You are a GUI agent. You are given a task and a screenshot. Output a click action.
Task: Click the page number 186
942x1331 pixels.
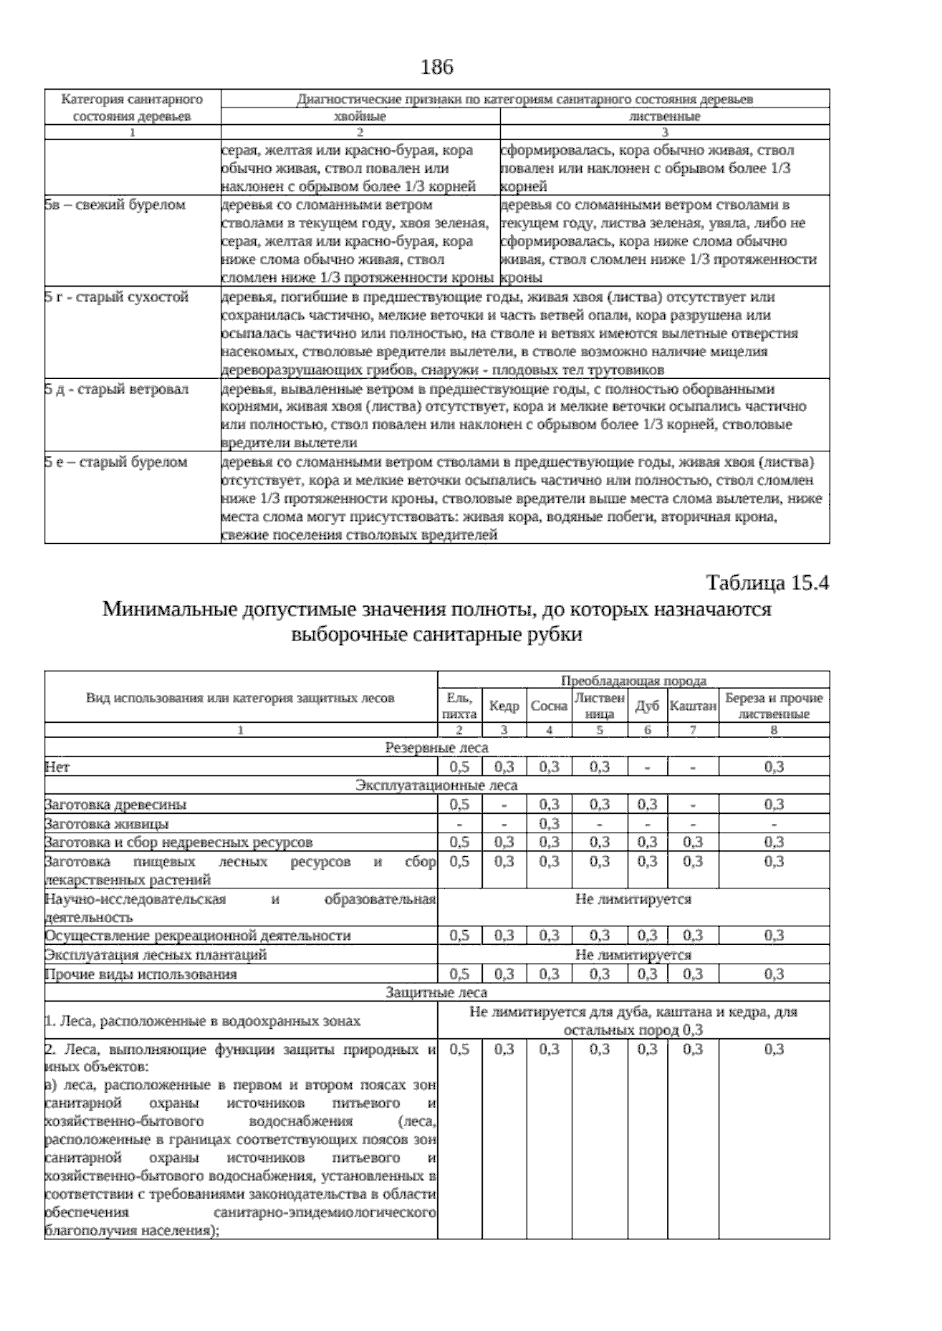pyautogui.click(x=437, y=67)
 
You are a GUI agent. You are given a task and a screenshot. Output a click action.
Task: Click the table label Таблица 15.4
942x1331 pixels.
pyautogui.click(x=768, y=584)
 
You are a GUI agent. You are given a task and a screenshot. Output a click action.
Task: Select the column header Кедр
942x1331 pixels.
pyautogui.click(x=504, y=706)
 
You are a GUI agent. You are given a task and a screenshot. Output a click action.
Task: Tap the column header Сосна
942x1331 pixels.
pyautogui.click(x=549, y=706)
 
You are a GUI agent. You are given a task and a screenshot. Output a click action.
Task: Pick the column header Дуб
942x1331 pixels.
pyautogui.click(x=647, y=706)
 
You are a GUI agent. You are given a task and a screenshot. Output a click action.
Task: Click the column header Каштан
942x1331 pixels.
pyautogui.click(x=692, y=706)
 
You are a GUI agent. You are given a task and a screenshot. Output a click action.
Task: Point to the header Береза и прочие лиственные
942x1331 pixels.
pyautogui.click(x=773, y=706)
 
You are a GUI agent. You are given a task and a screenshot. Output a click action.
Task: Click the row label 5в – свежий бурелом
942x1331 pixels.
pyautogui.click(x=115, y=205)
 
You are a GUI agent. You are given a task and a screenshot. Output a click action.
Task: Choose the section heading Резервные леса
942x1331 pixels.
pyautogui.click(x=436, y=748)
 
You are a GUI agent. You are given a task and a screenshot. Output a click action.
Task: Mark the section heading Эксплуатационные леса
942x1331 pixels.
pyautogui.click(x=436, y=786)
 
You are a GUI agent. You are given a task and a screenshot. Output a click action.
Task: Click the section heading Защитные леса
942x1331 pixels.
pyautogui.click(x=436, y=993)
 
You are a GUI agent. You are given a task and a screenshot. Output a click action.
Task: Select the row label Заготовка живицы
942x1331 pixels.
pyautogui.click(x=107, y=824)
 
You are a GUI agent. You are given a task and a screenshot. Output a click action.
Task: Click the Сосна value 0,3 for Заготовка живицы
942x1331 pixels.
pyautogui.click(x=549, y=824)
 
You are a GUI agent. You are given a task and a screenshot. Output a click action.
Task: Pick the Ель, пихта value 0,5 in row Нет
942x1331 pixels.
pyautogui.click(x=460, y=767)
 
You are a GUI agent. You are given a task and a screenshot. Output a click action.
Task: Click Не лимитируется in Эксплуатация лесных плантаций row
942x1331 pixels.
pyautogui.click(x=633, y=955)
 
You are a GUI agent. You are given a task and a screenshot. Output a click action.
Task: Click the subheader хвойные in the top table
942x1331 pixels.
pyautogui.click(x=360, y=116)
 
